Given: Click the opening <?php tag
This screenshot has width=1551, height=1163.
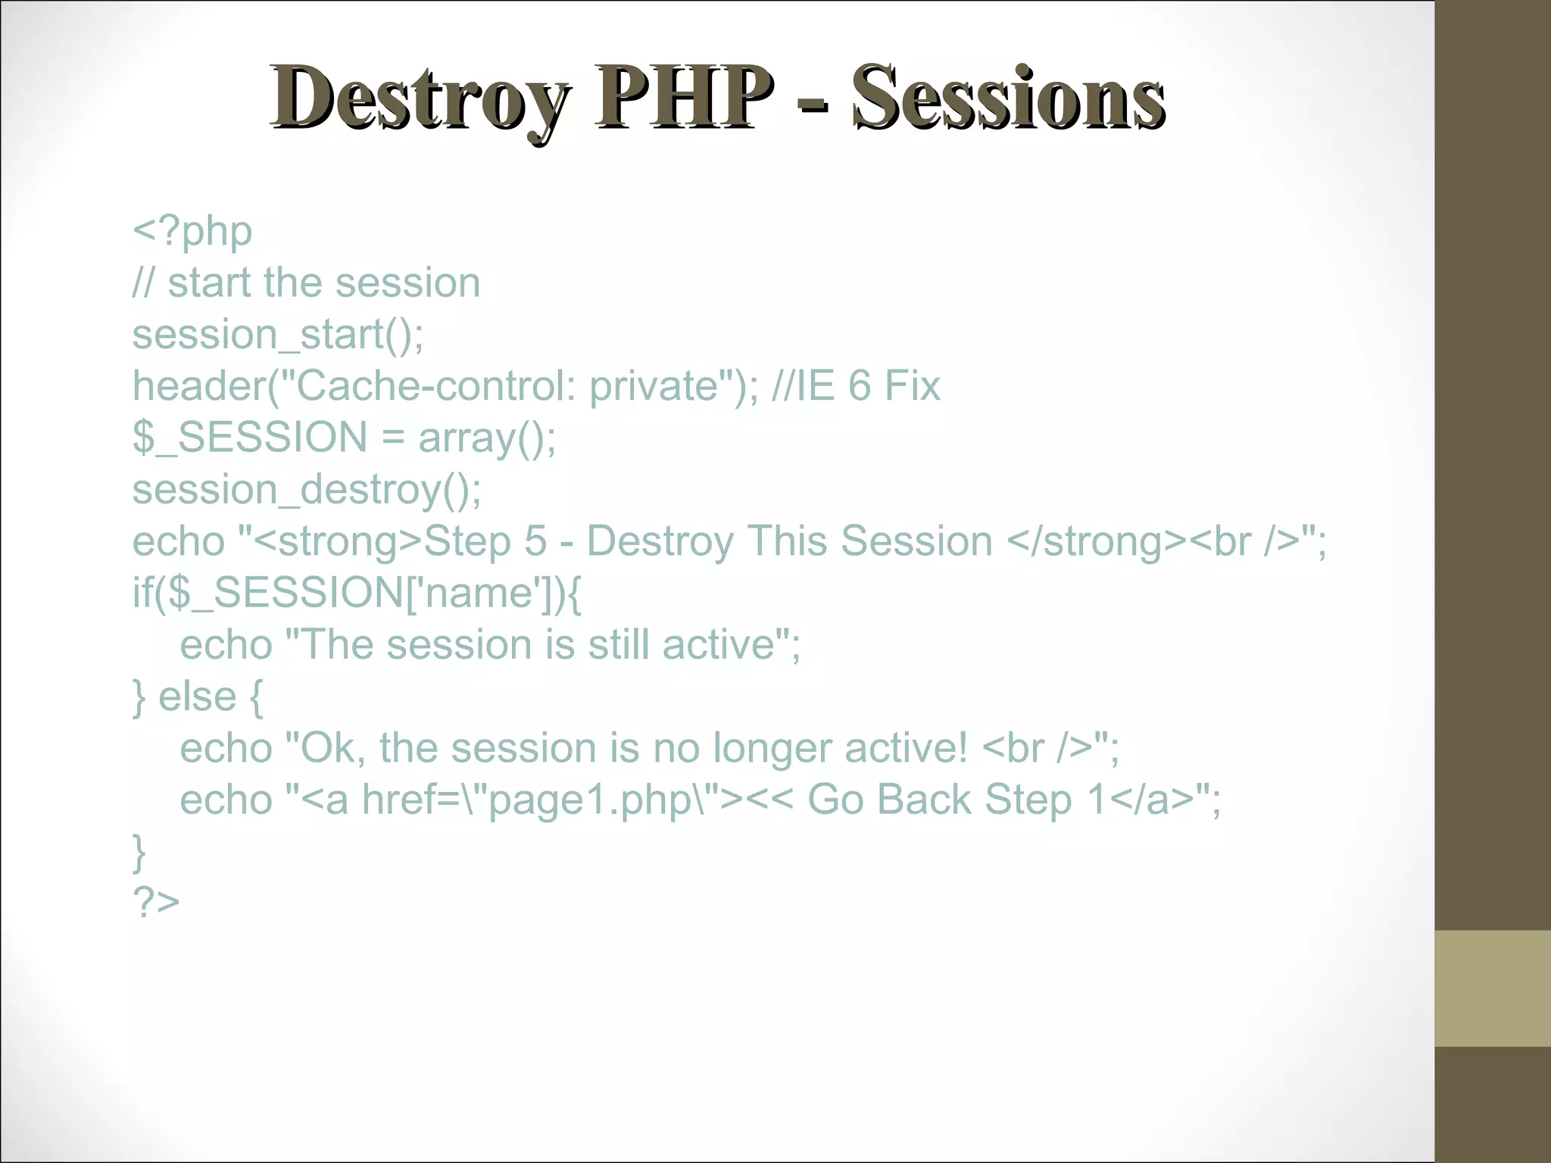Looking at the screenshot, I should coord(192,231).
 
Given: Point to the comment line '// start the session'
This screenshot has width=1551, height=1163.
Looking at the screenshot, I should coord(306,283).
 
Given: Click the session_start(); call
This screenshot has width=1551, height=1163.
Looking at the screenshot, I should coord(278,335).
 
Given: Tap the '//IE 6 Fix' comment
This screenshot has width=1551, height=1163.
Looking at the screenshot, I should coord(856,386).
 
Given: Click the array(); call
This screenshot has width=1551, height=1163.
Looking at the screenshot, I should coord(487,438).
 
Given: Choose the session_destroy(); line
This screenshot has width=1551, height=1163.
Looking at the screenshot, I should coord(307,490).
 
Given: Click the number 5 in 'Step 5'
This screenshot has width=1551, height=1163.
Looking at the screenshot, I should coord(535,541).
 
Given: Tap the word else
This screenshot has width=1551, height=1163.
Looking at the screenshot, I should coord(197,697).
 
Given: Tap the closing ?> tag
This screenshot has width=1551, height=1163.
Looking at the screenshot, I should coord(156,903).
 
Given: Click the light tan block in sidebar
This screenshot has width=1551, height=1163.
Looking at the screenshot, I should coord(1492,988).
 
